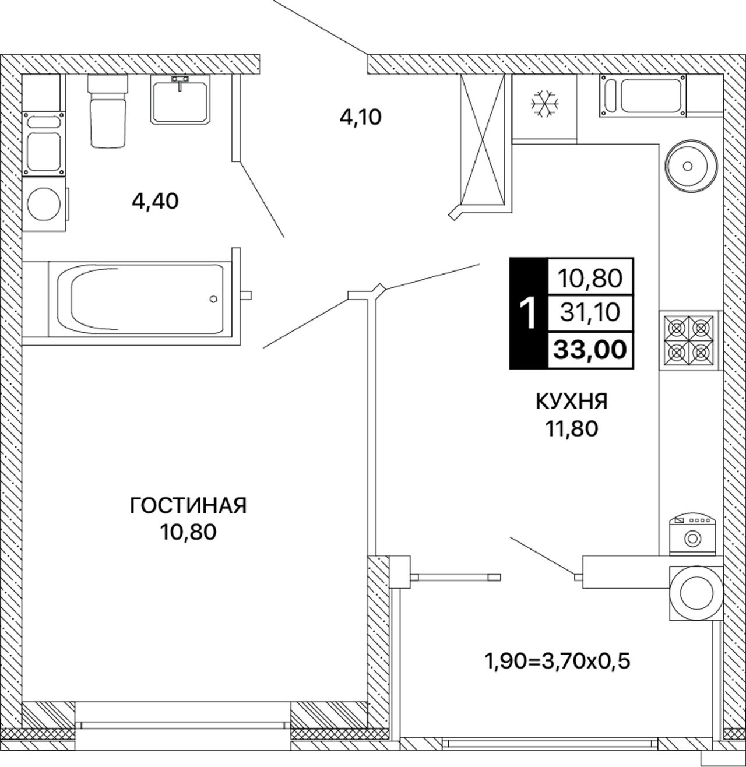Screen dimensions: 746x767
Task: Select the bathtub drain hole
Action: (213, 298)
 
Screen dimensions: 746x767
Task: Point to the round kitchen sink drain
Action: (687, 166)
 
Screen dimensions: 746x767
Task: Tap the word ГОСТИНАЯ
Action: (188, 506)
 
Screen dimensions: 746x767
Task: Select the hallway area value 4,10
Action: (361, 117)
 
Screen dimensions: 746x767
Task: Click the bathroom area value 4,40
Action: (155, 202)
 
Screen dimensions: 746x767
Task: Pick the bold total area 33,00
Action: (590, 349)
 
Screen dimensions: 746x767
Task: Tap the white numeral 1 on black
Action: (529, 314)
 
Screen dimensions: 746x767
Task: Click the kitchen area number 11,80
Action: (571, 428)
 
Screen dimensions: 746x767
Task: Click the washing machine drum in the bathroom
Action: (43, 204)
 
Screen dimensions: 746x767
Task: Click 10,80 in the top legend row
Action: (590, 278)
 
